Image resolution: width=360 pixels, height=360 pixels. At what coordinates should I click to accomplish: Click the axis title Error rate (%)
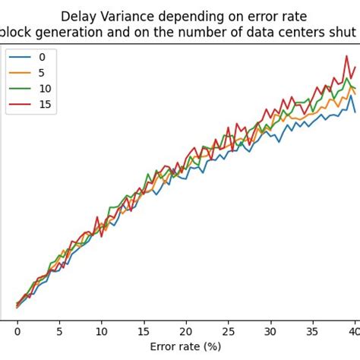[186, 346]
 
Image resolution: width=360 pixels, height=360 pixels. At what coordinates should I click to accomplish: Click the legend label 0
[42, 57]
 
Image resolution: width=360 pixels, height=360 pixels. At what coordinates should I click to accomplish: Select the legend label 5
[42, 73]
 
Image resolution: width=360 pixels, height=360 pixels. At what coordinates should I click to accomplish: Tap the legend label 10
[45, 89]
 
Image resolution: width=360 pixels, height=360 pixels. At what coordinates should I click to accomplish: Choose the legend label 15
[45, 105]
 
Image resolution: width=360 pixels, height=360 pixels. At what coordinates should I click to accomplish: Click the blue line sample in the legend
[21, 57]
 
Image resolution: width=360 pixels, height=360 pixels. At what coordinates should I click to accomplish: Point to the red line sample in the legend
[21, 105]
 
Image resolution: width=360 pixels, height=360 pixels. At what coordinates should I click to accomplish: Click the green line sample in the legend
[21, 89]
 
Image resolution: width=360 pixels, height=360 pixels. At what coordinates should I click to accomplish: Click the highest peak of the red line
[346, 55]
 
